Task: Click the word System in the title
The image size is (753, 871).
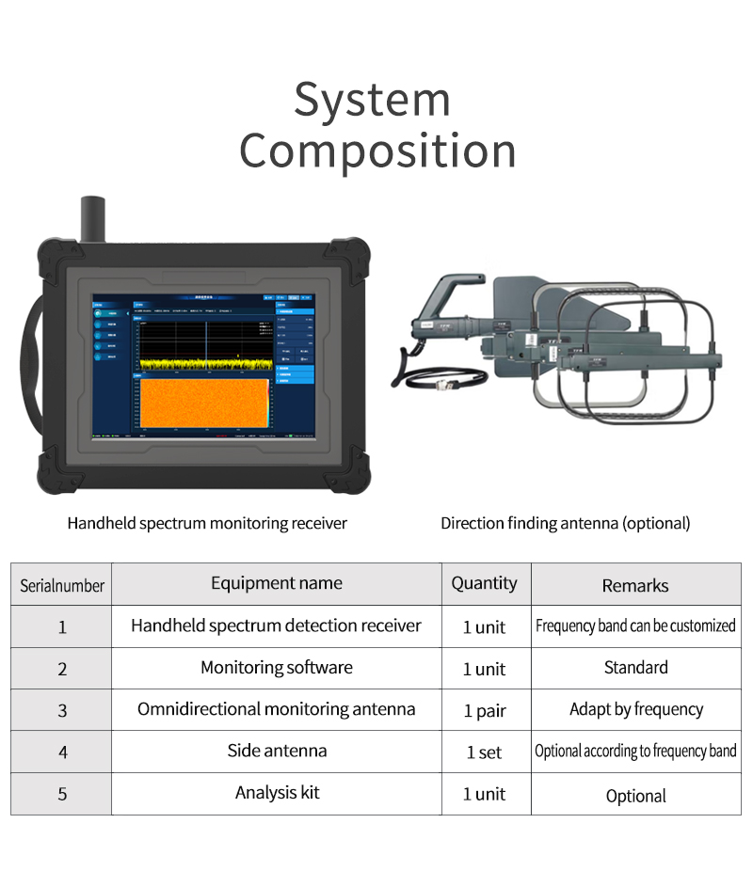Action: click(x=372, y=101)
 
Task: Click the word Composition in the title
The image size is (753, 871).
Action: click(x=377, y=151)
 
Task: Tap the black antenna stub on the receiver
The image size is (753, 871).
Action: click(x=93, y=218)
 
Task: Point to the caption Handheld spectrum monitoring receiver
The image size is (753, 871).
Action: click(x=207, y=523)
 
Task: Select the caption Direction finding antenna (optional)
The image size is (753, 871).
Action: click(x=565, y=523)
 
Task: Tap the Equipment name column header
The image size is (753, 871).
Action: click(x=277, y=583)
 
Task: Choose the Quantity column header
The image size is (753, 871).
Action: click(x=485, y=583)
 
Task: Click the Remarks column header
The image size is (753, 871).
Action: click(x=635, y=585)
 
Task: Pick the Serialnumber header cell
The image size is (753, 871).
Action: click(x=62, y=585)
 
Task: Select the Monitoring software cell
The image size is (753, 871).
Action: click(x=277, y=668)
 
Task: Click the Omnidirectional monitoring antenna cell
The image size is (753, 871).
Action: click(x=277, y=709)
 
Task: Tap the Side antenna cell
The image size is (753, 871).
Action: click(x=277, y=751)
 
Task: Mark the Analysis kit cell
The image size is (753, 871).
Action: click(x=277, y=793)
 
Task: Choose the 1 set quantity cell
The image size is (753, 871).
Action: click(x=485, y=752)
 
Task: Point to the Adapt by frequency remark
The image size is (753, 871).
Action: click(x=636, y=709)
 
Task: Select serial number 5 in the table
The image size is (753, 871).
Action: click(x=62, y=794)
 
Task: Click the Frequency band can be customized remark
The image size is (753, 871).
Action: click(x=635, y=626)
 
